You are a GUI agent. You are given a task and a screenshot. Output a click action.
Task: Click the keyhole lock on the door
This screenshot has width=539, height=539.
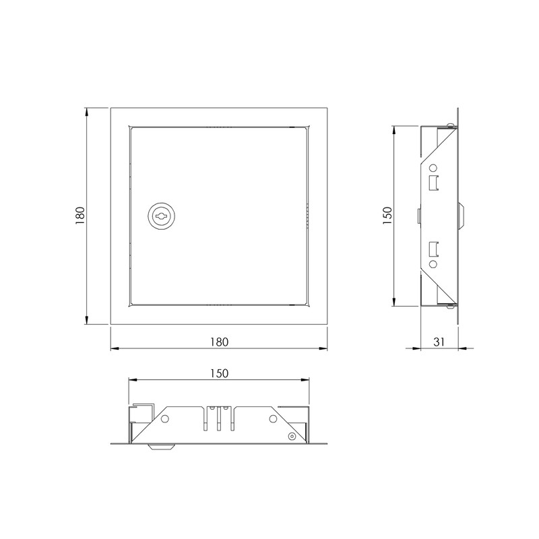pos(162,216)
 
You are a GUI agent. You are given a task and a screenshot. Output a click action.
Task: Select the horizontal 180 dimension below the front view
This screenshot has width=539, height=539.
pos(219,342)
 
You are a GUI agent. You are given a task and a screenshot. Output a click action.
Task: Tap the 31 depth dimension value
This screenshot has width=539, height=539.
pos(439,342)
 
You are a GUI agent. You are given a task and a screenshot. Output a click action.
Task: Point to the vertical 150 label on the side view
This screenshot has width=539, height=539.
pos(386,216)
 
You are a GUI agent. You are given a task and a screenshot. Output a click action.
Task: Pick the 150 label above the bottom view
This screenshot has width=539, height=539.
pos(219,373)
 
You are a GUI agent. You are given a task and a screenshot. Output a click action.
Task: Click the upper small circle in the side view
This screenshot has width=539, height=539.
pos(434,168)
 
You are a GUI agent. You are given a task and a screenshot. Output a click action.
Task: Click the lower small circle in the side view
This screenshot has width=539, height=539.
pos(434,264)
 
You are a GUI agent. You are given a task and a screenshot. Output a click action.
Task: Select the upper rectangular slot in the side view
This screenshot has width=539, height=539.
pos(435,182)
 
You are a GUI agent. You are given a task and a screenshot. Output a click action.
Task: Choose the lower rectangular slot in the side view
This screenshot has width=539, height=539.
pos(435,250)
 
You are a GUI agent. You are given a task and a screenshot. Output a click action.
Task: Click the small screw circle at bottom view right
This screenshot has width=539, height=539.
pos(291,437)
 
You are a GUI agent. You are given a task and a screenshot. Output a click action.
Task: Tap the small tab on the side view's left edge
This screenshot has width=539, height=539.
pos(418,216)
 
